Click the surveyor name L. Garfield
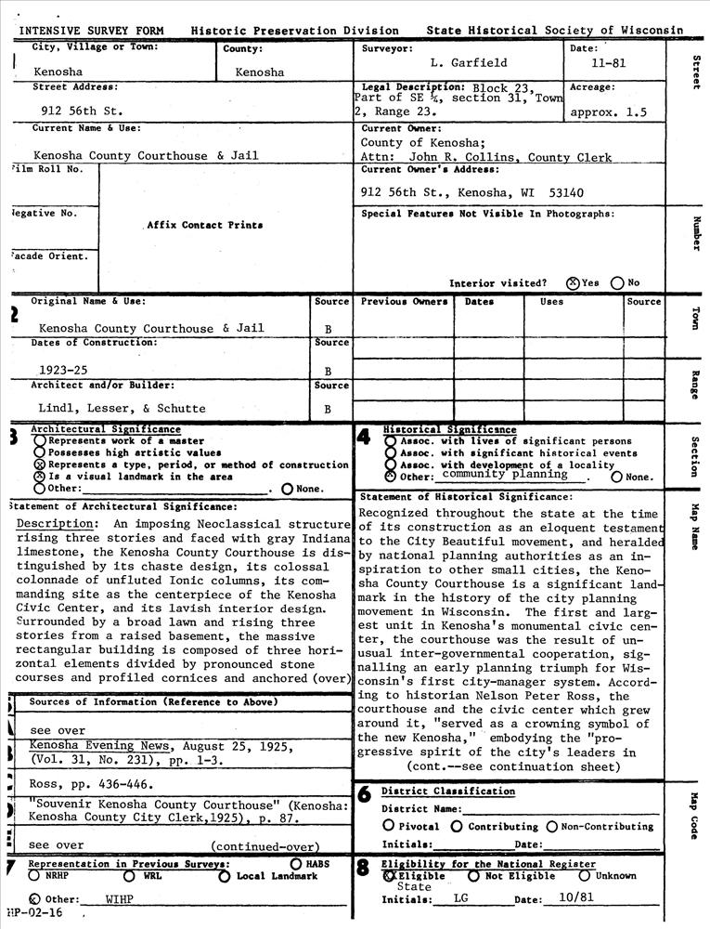click(x=469, y=63)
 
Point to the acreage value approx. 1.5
click(x=609, y=112)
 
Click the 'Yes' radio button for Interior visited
click(x=573, y=283)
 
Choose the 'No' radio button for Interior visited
click(x=617, y=283)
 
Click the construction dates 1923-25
click(x=63, y=370)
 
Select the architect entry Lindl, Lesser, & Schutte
click(x=122, y=408)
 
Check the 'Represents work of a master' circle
click(x=40, y=441)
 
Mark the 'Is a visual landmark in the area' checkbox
click(x=40, y=476)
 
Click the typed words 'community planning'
click(x=505, y=474)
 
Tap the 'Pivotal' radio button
click(x=389, y=826)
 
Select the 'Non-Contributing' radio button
click(x=552, y=826)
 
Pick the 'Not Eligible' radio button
click(x=473, y=875)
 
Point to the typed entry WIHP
click(x=120, y=899)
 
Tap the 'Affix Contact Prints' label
click(x=204, y=225)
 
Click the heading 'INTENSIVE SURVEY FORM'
click(x=91, y=31)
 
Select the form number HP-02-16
click(x=34, y=914)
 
